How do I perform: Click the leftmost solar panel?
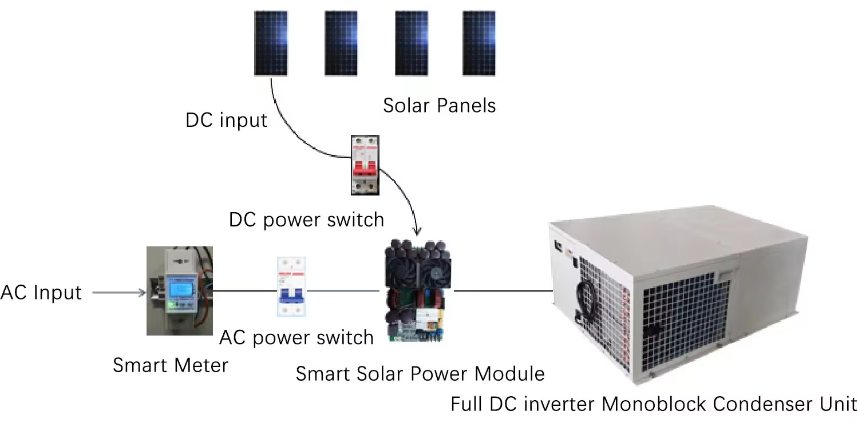coord(271,43)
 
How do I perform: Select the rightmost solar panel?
coord(479,43)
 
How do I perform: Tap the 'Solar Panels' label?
coord(439,105)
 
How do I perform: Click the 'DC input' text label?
coord(226,121)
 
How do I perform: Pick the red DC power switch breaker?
coord(365,165)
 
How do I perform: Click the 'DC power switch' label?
coord(306,220)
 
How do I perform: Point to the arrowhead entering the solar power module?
coord(417,232)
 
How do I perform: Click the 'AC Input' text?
coord(41,293)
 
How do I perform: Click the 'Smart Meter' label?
coord(170,365)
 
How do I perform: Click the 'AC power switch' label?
coord(296,338)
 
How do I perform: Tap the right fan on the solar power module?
coord(437,269)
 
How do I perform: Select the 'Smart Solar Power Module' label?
coord(420,374)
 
